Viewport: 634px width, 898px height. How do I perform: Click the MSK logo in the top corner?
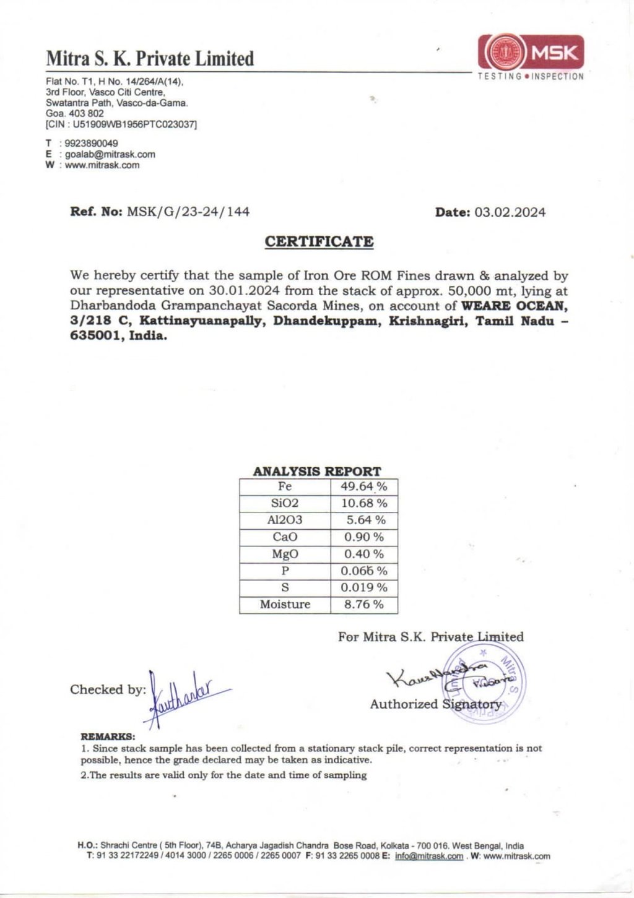[x=531, y=54]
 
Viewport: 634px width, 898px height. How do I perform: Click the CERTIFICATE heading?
[x=319, y=241]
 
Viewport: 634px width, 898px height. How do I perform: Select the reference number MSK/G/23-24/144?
[x=188, y=212]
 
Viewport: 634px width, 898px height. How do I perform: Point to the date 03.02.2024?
[x=510, y=212]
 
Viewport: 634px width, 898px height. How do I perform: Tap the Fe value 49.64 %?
[x=364, y=486]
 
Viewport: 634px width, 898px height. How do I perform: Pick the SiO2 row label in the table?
[x=285, y=503]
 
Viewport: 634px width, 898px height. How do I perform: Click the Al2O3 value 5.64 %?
[x=365, y=520]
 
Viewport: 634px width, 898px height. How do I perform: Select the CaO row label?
[x=285, y=537]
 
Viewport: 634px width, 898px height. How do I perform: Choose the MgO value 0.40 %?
[x=364, y=554]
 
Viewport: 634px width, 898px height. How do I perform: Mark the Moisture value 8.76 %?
[x=364, y=604]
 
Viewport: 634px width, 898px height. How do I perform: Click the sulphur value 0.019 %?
[x=364, y=587]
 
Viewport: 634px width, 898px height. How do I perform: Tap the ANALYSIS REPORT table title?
[x=317, y=471]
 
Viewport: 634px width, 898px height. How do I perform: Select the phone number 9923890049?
[x=92, y=143]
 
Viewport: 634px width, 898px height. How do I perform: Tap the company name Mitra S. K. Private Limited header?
[x=150, y=59]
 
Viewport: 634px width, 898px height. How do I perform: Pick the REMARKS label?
[x=108, y=736]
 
